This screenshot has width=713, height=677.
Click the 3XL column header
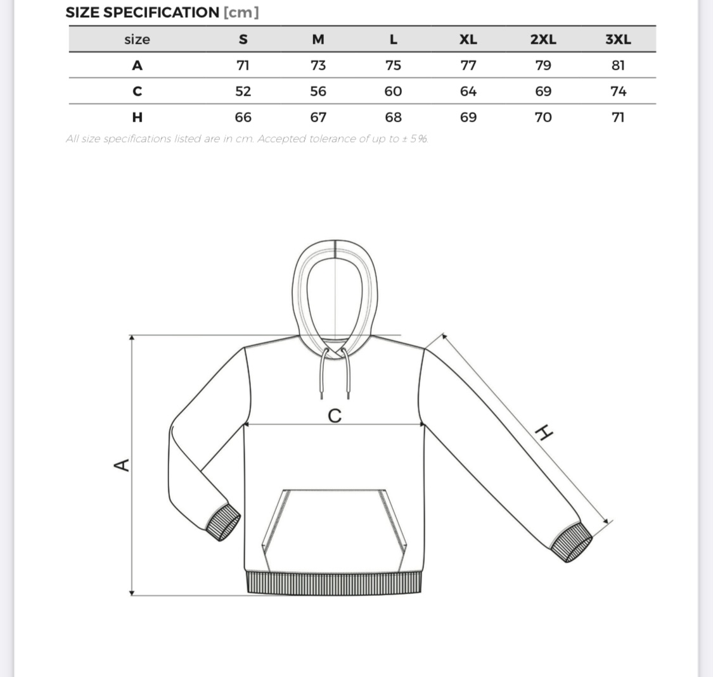point(618,39)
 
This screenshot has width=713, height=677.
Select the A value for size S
point(243,65)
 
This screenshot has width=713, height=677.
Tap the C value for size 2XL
point(543,91)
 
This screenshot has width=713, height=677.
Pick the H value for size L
point(393,117)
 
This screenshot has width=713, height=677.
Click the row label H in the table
point(137,117)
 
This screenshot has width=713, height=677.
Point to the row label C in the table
point(137,91)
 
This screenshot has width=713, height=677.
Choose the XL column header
point(468,39)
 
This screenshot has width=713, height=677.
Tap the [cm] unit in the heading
point(241,12)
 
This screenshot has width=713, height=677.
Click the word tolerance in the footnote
point(333,139)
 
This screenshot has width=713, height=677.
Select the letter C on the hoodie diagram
point(335,416)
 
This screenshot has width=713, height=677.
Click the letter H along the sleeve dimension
point(544,433)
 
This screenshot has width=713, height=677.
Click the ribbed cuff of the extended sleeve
point(570,543)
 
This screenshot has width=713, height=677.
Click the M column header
point(318,39)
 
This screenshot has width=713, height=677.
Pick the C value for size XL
point(468,91)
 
